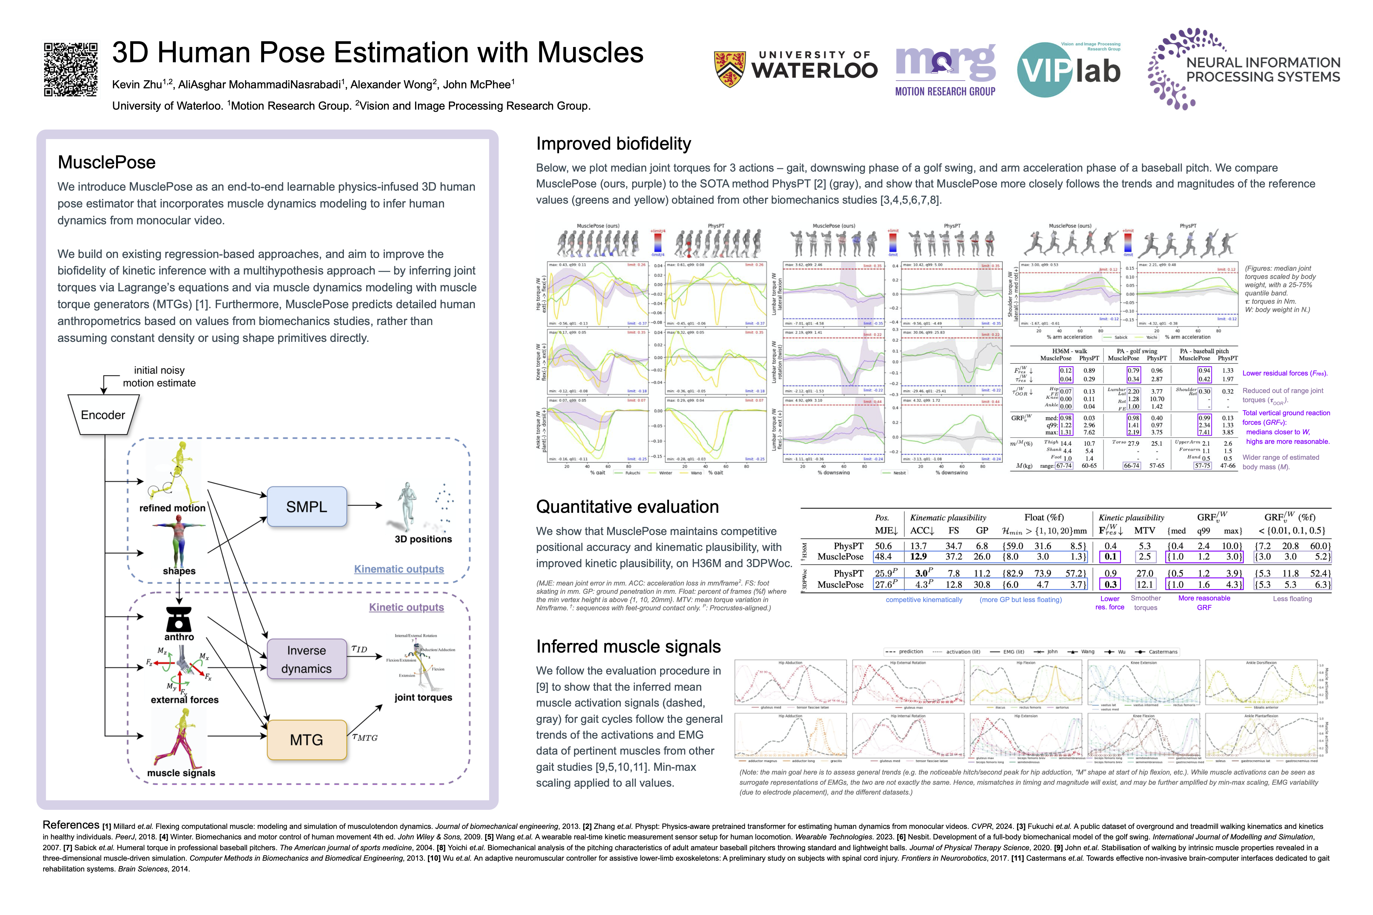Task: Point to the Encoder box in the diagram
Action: [x=103, y=415]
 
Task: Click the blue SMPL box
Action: [x=306, y=506]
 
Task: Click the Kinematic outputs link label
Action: [x=399, y=569]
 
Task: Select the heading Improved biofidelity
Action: [x=613, y=144]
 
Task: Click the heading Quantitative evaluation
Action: [x=627, y=506]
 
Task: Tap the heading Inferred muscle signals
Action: [x=628, y=647]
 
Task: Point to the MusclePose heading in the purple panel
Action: [x=106, y=162]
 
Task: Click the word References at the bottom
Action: [x=71, y=824]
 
